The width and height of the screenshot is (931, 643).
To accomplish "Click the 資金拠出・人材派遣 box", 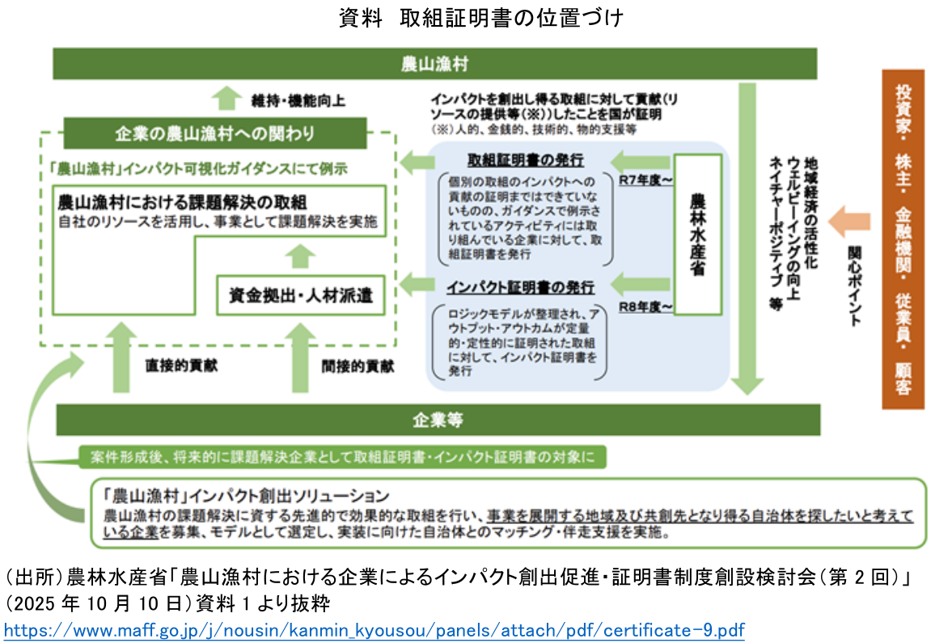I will (300, 296).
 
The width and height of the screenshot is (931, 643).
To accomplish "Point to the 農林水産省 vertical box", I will (697, 235).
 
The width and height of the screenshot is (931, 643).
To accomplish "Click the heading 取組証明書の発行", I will (527, 159).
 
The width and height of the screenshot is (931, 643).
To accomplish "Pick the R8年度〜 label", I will (645, 307).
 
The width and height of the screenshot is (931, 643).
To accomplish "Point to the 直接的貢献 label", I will (181, 366).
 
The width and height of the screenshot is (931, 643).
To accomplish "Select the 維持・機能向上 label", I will (298, 101).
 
